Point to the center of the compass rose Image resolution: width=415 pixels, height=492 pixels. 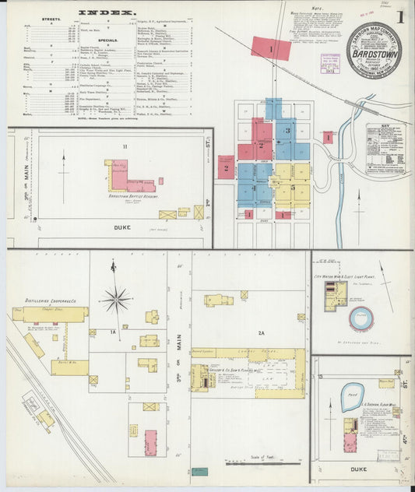116,297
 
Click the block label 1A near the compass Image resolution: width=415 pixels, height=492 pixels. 112,332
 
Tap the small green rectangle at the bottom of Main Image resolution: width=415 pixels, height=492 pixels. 200,471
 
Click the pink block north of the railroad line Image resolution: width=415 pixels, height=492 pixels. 270,50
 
